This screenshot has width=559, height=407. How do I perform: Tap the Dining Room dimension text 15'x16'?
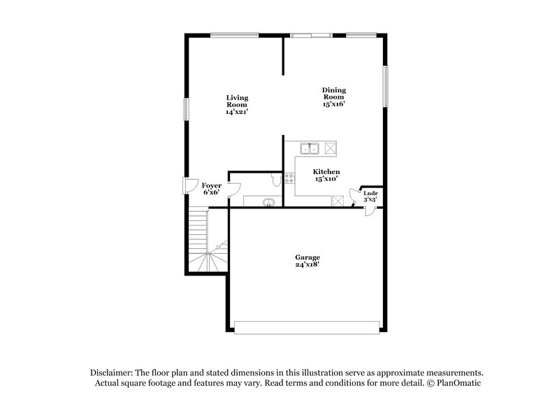point(333,104)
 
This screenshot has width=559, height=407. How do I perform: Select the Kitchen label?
point(326,172)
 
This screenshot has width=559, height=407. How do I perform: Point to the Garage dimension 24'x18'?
point(307,265)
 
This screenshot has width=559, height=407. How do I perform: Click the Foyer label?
point(211,185)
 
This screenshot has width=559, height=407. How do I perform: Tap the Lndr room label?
point(371,193)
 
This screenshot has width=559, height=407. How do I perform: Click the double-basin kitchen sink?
point(310,148)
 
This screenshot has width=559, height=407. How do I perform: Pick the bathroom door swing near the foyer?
point(235,189)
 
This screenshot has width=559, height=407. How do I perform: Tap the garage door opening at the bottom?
point(307,327)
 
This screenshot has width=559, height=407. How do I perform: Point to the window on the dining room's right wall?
point(384,87)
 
